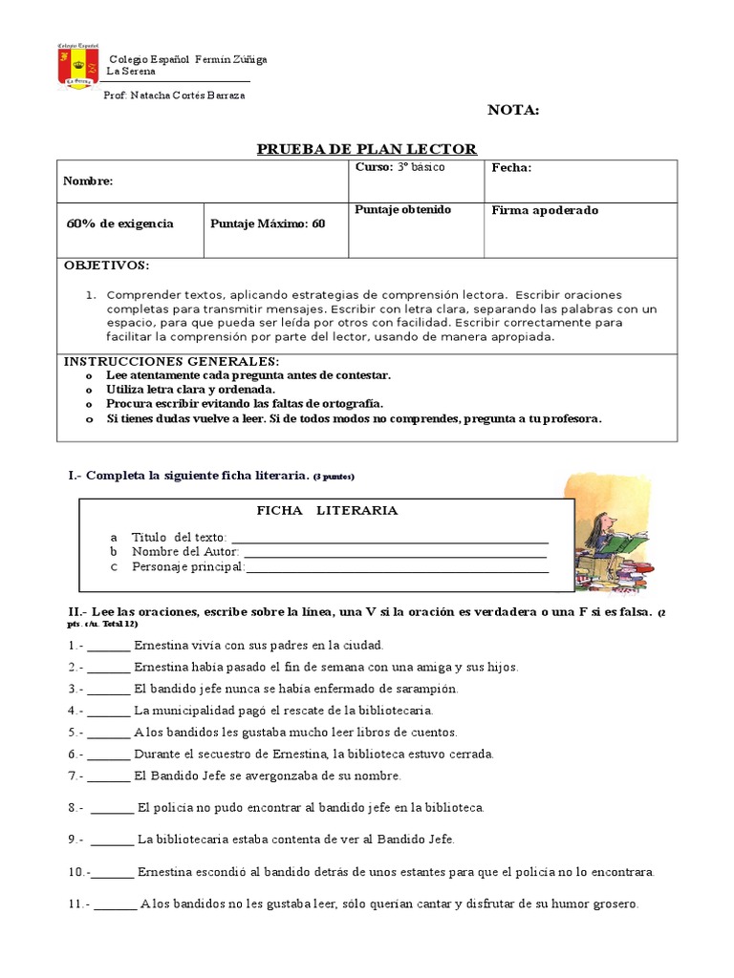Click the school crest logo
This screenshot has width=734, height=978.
pyautogui.click(x=78, y=66)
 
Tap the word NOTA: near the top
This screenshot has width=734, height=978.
pyautogui.click(x=513, y=110)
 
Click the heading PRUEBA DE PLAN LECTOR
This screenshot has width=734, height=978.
pyautogui.click(x=367, y=148)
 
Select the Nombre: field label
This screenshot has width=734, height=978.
pyautogui.click(x=88, y=181)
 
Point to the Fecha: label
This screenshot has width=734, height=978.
pyautogui.click(x=511, y=168)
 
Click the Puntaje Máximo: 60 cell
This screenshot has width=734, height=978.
pyautogui.click(x=268, y=224)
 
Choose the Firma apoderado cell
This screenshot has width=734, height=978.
pyautogui.click(x=545, y=210)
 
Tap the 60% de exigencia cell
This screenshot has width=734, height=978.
pyautogui.click(x=120, y=224)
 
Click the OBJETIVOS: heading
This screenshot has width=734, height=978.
pyautogui.click(x=106, y=265)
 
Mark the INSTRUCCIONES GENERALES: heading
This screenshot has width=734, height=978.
pyautogui.click(x=171, y=361)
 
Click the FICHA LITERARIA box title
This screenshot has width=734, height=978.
pyautogui.click(x=327, y=511)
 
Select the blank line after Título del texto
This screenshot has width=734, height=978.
pyautogui.click(x=389, y=537)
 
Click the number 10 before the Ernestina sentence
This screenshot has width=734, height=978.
pyautogui.click(x=76, y=872)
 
